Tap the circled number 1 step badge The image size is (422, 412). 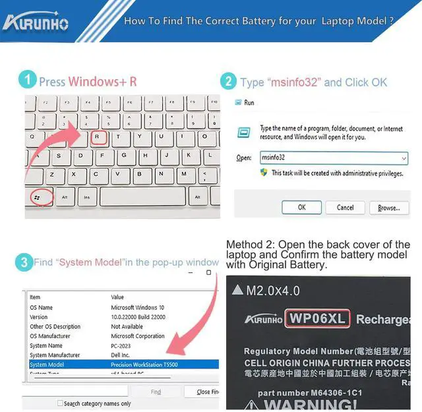coord(27,81)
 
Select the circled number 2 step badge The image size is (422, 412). coord(228,82)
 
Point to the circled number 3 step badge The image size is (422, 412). coord(24,262)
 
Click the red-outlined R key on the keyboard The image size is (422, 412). coord(98,137)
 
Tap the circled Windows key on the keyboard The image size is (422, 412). coord(37,196)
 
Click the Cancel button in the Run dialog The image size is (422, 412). coord(345,207)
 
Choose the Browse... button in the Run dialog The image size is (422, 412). coord(388,207)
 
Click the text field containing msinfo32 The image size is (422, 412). coord(333,158)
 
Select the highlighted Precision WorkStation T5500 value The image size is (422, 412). coord(144,365)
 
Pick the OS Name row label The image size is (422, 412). coord(42,307)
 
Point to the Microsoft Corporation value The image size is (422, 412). coord(137,336)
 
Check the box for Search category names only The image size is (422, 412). coord(60,403)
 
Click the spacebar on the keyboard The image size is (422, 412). coord(142,196)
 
